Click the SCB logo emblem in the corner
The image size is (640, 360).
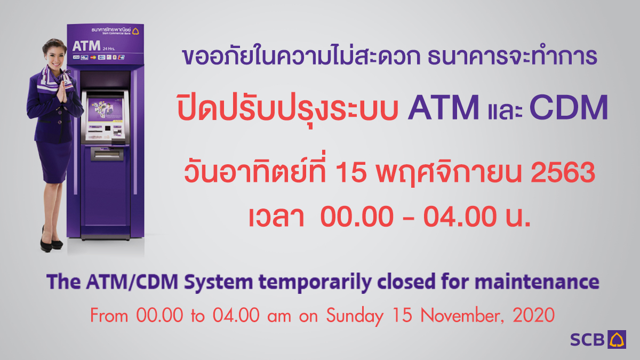(618, 339)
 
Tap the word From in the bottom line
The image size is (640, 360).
(109, 316)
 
